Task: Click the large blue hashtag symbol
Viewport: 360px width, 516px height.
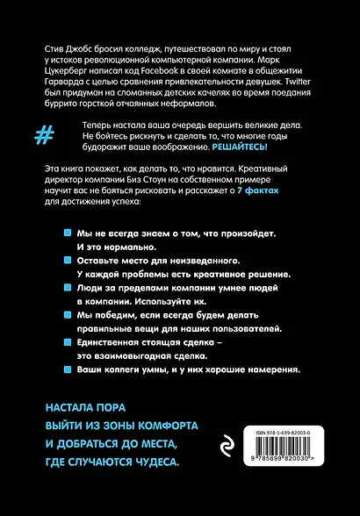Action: (42, 136)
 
